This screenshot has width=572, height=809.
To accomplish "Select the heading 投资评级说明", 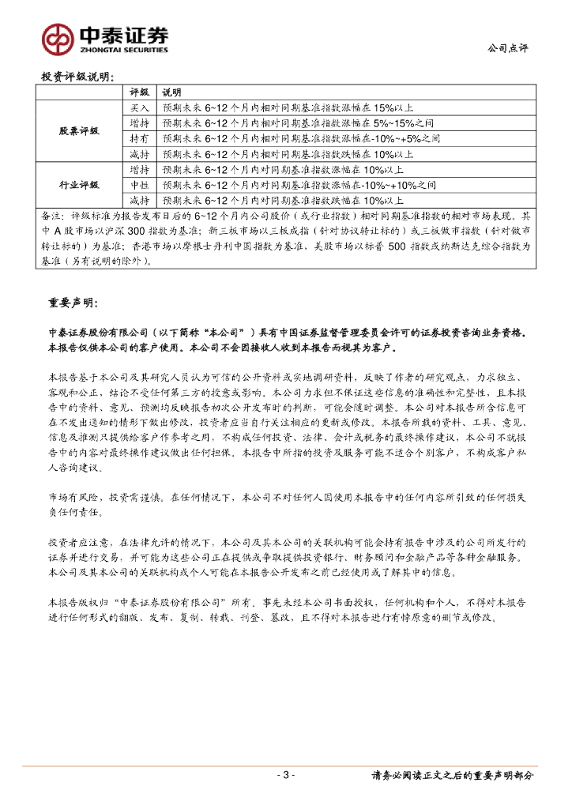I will click(77, 77).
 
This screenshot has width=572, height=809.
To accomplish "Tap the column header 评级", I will click(139, 92).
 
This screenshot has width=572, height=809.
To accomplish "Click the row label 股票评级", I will click(79, 130).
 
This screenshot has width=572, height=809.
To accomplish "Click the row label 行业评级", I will click(79, 185).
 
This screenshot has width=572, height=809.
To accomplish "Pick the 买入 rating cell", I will click(139, 107).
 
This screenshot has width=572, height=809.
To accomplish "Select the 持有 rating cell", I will click(139, 138).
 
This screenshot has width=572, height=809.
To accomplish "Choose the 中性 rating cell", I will click(139, 185).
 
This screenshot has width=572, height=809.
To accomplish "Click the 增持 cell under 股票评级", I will click(139, 123).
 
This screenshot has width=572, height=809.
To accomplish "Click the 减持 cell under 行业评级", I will click(139, 201).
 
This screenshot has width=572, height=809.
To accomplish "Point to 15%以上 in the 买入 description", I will click(388, 107).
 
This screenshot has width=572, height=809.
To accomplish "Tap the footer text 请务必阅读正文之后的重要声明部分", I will click(452, 776).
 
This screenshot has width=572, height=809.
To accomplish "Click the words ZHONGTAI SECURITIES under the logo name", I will click(123, 49).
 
